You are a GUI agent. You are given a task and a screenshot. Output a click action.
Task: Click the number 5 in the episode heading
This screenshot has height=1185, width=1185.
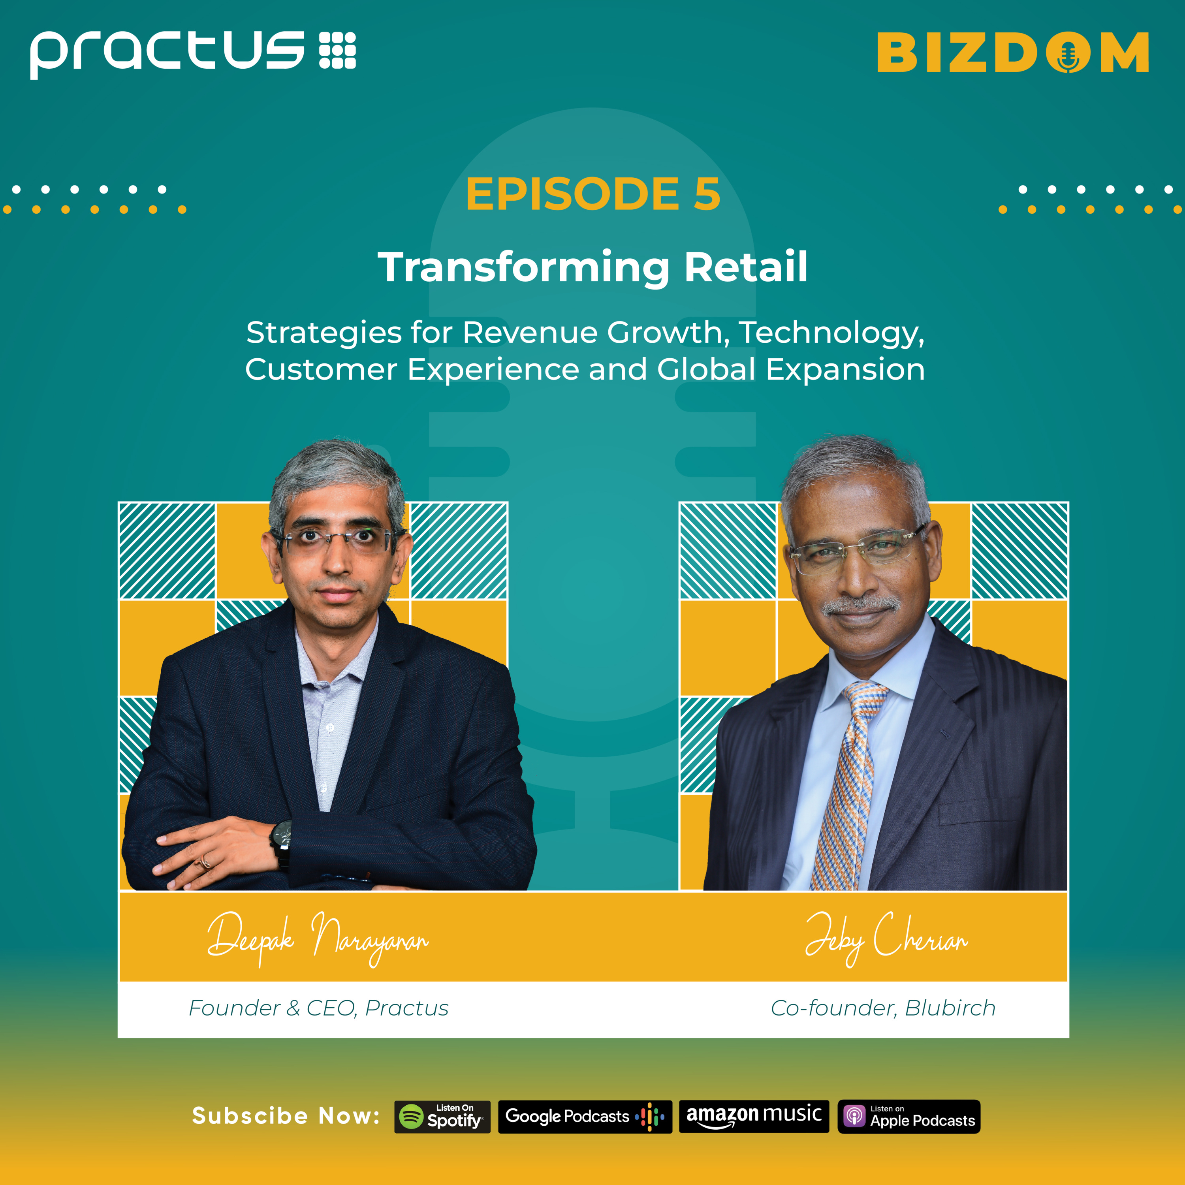[x=707, y=194]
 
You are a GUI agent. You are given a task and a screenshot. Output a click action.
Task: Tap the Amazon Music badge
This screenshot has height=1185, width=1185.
[x=754, y=1116]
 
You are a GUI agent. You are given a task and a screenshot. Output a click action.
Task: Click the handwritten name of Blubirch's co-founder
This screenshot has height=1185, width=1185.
[x=886, y=939]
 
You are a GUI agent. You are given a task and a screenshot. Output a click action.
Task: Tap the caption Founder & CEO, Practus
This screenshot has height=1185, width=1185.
[x=318, y=1008]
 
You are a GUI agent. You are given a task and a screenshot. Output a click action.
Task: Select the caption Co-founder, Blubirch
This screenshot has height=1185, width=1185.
[x=882, y=1008]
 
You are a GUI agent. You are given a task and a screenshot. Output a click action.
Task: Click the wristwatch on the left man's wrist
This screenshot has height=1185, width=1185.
[x=282, y=837]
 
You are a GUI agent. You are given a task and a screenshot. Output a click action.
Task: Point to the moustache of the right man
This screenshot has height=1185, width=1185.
[x=860, y=605]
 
